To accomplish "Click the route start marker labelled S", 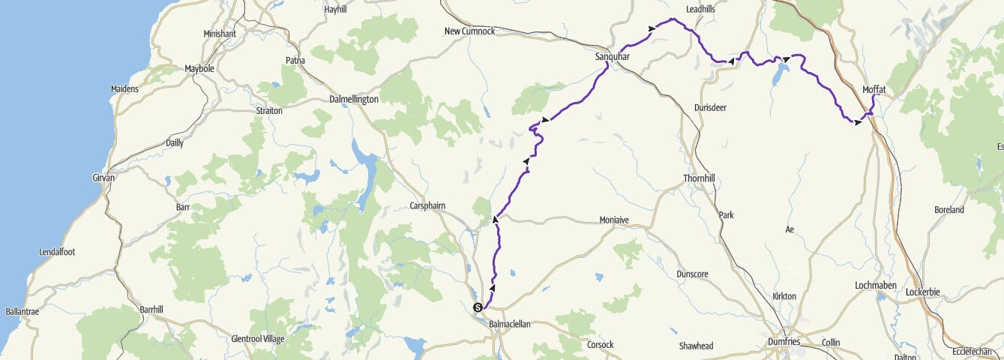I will [x=477, y=307].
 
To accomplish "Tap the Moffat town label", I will [x=874, y=89].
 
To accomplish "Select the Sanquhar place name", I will [x=611, y=56].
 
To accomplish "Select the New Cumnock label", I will [x=469, y=31].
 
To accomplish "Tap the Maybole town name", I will [x=200, y=69].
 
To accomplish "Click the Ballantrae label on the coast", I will [x=22, y=310].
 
